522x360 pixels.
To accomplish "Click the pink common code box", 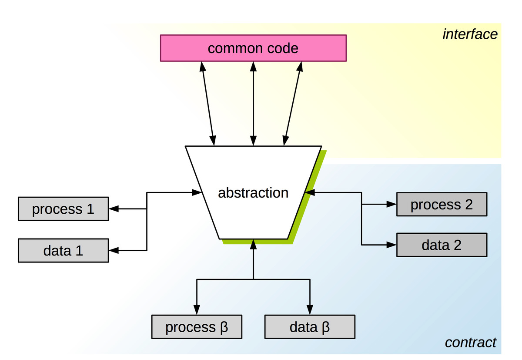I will (x=253, y=48).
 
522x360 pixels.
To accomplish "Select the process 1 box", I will (x=63, y=209).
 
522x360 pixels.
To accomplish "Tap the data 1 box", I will (x=63, y=251).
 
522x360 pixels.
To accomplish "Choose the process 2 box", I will (x=442, y=204).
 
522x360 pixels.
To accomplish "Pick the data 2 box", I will (x=442, y=245).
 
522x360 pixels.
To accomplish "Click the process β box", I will (x=197, y=327).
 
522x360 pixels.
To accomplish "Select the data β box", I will (x=310, y=327).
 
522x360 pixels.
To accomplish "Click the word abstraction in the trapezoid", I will (x=253, y=192).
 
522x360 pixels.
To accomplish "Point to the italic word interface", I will (x=470, y=34).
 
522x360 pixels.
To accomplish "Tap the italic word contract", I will (x=470, y=343).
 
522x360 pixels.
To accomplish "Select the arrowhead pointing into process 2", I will (x=391, y=204).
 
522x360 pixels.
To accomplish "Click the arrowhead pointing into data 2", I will (x=391, y=245).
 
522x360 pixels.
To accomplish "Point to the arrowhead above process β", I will (x=197, y=309).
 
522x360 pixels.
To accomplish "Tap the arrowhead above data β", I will (x=310, y=309).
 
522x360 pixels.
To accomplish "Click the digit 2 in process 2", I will (x=468, y=204).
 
